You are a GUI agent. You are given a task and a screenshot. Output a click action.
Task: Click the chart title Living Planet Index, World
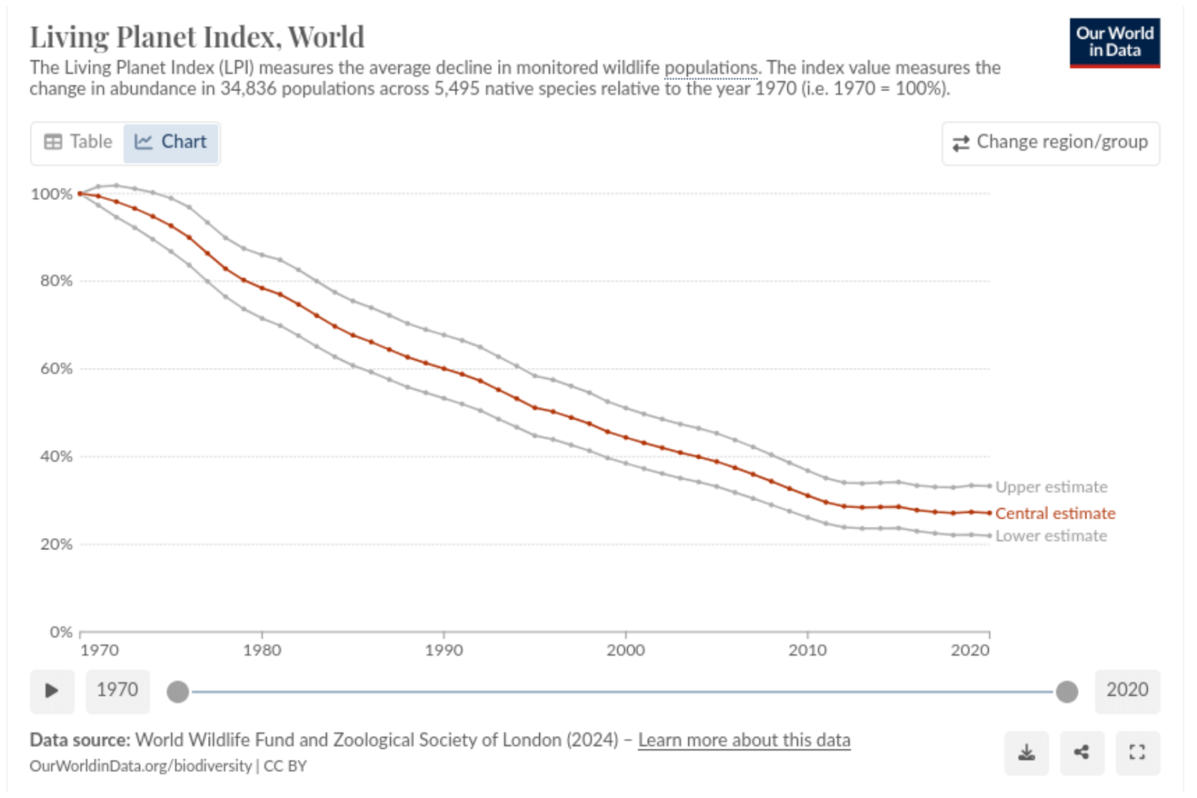197,37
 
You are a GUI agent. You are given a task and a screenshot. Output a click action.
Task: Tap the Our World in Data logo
1115,43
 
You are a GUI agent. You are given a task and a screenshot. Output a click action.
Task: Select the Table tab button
78,142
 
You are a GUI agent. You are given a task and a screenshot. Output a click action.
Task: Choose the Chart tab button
171,142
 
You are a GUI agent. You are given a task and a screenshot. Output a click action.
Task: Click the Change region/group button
1051,143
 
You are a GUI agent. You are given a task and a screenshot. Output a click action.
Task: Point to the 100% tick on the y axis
51,194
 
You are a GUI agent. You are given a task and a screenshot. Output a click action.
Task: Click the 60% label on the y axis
56,368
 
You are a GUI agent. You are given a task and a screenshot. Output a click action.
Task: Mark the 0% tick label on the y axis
61,632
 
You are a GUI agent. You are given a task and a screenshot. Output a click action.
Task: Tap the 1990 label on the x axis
444,650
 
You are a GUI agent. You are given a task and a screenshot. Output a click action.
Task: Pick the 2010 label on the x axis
807,650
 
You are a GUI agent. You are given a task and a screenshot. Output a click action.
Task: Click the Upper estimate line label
1051,487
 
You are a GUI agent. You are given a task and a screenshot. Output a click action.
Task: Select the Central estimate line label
1055,513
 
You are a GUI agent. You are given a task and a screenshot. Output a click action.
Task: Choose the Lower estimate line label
1051,536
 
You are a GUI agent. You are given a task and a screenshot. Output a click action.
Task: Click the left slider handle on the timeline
178,692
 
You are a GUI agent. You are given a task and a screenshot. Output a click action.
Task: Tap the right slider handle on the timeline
1067,692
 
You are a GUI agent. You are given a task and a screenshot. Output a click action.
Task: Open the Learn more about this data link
744,740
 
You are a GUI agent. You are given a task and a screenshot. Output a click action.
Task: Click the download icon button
1027,753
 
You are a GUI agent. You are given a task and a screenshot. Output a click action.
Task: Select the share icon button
1082,753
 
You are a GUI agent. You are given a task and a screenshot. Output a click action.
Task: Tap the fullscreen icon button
1137,753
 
